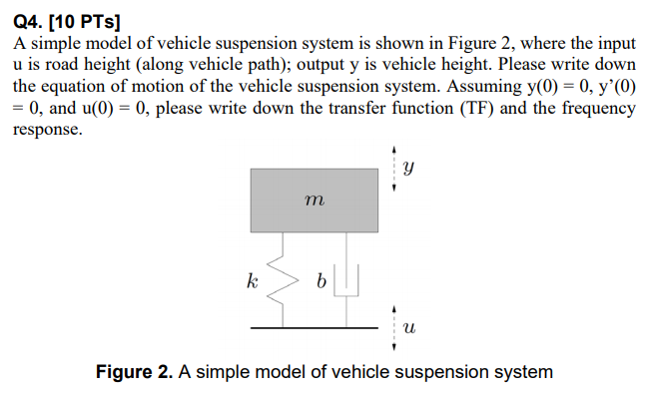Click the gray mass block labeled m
coord(314,200)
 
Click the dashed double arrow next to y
coord(395,170)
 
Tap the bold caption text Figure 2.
coord(133,372)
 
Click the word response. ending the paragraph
coord(47,130)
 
